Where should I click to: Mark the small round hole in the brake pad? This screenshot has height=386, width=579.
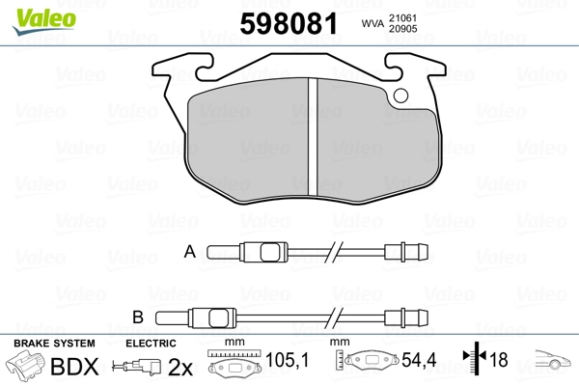[x=401, y=96]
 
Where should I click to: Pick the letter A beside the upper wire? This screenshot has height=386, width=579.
[x=190, y=253]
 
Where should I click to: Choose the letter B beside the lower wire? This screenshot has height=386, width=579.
[x=137, y=317]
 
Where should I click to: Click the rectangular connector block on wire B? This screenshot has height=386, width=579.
[x=209, y=317]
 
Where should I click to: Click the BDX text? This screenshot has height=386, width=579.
[x=73, y=366]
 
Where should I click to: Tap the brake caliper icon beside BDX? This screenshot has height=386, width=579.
[x=27, y=367]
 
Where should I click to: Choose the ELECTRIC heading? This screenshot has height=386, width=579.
[x=152, y=344]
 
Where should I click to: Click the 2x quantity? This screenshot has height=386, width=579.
[x=180, y=366]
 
